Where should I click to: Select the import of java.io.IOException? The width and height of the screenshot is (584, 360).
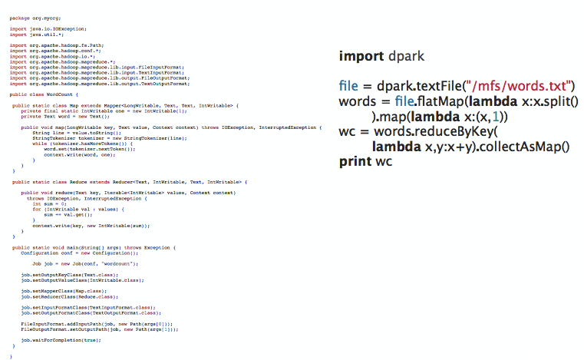point(42,28)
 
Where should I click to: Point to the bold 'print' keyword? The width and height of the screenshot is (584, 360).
point(355,161)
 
